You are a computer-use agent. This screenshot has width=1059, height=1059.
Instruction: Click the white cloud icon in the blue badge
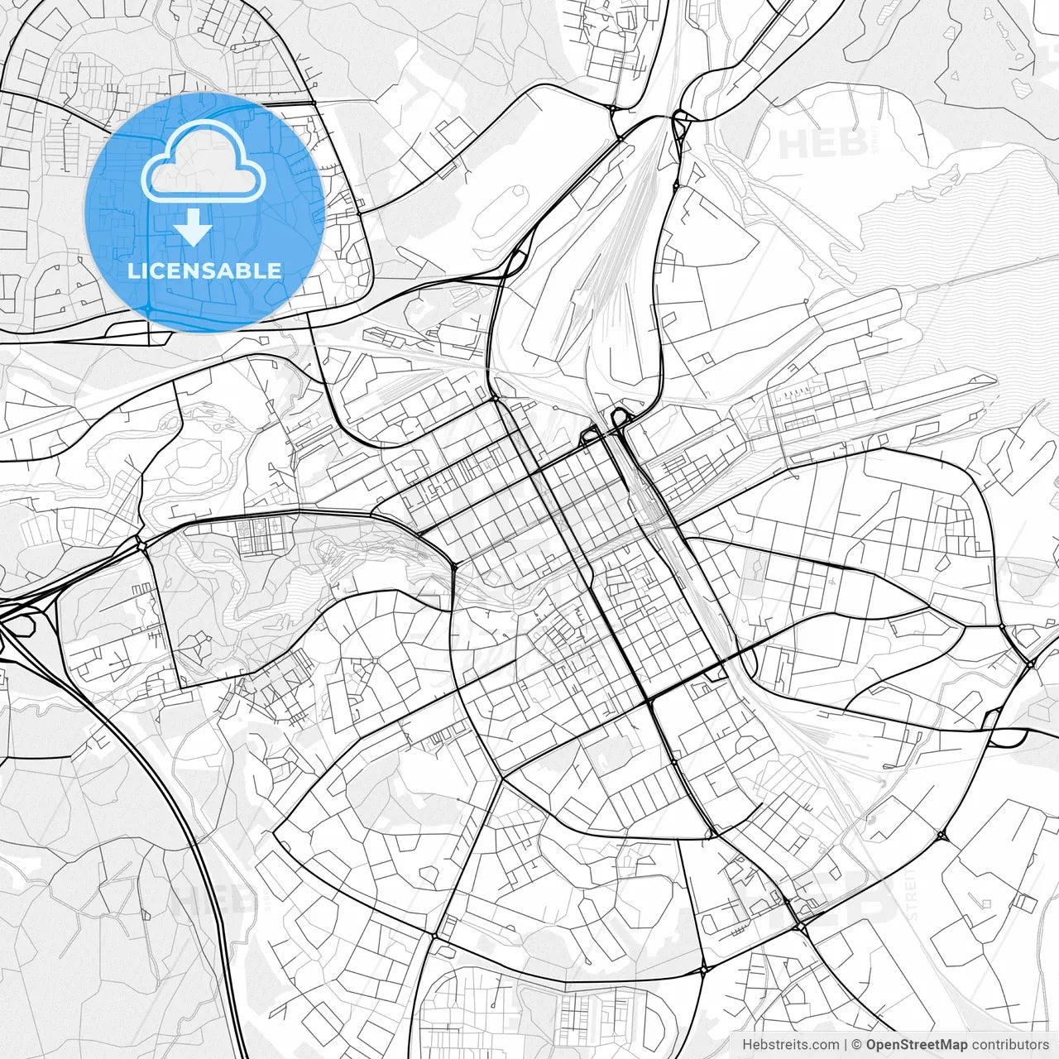(204, 162)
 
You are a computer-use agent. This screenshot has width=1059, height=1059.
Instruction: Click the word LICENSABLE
(204, 271)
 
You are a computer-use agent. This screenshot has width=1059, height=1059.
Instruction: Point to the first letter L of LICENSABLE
(133, 271)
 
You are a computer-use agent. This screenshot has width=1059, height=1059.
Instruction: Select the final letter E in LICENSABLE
(275, 271)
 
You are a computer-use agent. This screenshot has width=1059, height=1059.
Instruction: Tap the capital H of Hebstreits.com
(747, 1045)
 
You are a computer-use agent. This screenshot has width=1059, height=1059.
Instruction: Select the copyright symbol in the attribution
(857, 1045)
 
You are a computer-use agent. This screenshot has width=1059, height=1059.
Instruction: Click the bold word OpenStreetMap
(917, 1045)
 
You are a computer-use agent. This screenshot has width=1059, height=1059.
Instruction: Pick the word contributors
(1010, 1045)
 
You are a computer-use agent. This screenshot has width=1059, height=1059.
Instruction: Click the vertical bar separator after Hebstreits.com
(846, 1045)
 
